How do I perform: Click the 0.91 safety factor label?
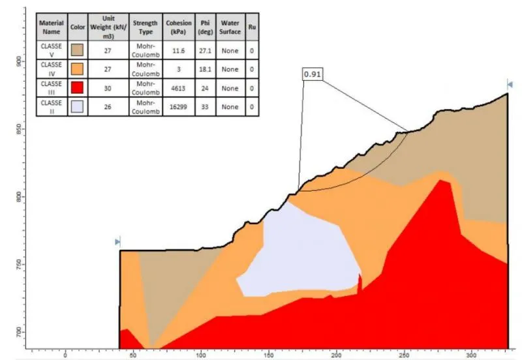point(313,74)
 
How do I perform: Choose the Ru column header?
point(251,27)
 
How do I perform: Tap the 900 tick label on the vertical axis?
point(18,61)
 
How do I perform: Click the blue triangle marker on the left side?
point(117,241)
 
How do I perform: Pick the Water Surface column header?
point(229,27)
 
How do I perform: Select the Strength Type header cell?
point(145,27)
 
